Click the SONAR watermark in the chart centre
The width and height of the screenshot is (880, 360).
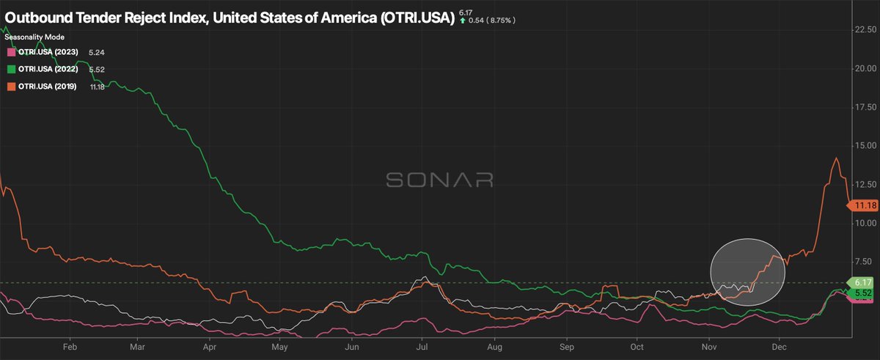tap(439, 180)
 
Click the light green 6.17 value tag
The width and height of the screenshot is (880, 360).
tap(860, 282)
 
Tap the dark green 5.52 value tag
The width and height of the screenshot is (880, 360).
tap(860, 293)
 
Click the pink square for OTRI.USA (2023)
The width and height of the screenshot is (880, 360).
tap(10, 53)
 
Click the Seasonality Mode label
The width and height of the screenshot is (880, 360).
tap(34, 37)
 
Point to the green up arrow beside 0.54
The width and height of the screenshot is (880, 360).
tap(462, 21)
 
